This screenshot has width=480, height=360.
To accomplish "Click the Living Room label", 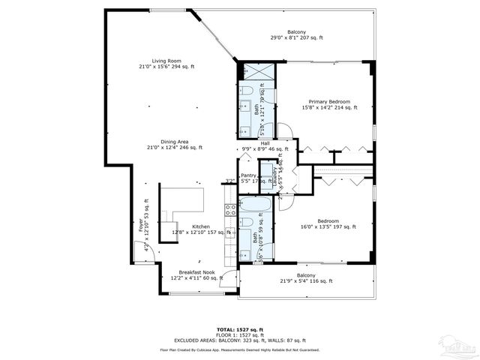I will (166, 64).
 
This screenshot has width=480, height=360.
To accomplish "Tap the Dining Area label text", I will (166, 144).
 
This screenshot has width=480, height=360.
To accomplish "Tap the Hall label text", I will (265, 144).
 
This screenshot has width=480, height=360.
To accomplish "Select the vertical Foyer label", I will (140, 224).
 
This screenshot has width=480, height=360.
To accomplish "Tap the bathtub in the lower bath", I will (256, 205).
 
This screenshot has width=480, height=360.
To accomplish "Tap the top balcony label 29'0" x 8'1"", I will (296, 35).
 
